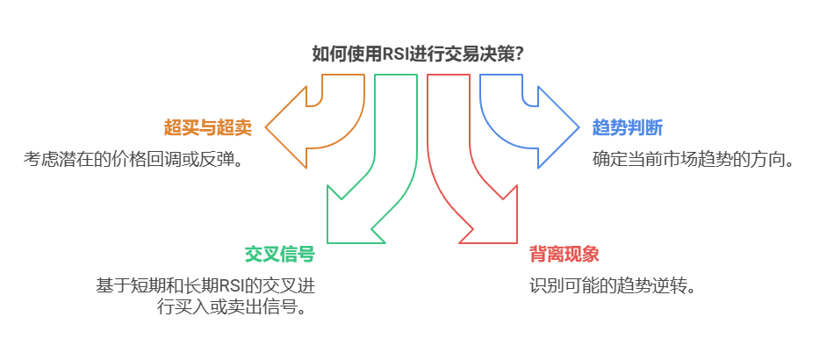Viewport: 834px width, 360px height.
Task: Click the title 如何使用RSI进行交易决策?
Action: pyautogui.click(x=418, y=54)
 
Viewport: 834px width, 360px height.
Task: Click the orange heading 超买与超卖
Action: pyautogui.click(x=208, y=128)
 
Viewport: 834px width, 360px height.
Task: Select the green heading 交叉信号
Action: pyautogui.click(x=279, y=255)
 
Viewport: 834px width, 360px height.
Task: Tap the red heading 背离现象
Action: pyautogui.click(x=564, y=255)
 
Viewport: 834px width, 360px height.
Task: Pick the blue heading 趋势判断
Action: pyautogui.click(x=627, y=128)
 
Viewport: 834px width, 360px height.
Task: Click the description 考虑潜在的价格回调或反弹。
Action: pyautogui.click(x=133, y=160)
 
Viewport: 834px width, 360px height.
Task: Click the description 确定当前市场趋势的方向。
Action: pyautogui.click(x=694, y=160)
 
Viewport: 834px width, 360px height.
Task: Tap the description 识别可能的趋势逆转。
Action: pyautogui.click(x=612, y=286)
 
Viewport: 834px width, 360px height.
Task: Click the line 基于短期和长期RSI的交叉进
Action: pyautogui.click(x=205, y=286)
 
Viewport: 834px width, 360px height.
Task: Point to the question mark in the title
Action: pyautogui.click(x=520, y=54)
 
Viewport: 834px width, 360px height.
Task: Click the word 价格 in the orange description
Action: pyautogui.click(x=130, y=160)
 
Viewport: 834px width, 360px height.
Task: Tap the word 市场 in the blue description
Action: pyautogui.click(x=691, y=160)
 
